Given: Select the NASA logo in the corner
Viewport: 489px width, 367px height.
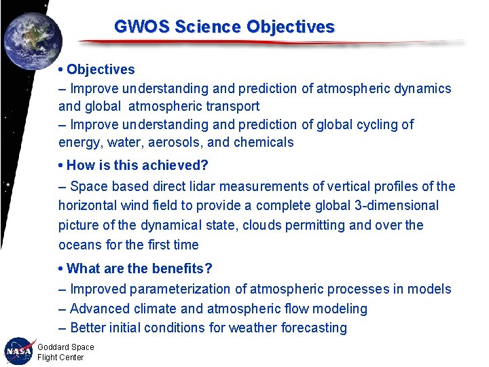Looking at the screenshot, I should (18, 351).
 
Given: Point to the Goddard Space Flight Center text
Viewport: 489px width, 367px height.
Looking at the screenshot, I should (65, 352).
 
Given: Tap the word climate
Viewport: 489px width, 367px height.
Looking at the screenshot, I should (158, 309).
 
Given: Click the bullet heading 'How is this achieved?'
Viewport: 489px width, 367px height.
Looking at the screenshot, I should (137, 165).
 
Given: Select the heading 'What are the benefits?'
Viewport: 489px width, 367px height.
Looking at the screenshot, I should (140, 268).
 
